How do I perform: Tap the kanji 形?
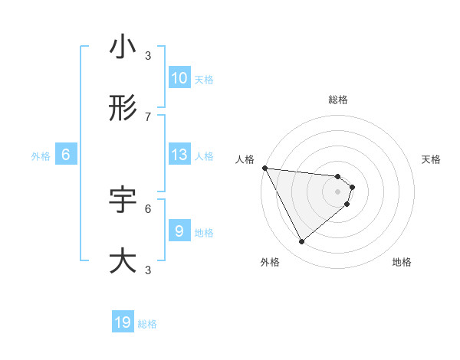click(123, 109)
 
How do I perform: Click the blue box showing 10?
click(179, 78)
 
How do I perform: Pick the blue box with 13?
click(179, 155)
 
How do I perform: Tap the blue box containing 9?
click(179, 231)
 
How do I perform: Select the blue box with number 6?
click(66, 155)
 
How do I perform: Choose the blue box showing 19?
click(123, 322)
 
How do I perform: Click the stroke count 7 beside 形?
click(148, 116)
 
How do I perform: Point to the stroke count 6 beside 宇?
click(148, 208)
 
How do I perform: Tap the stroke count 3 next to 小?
click(148, 55)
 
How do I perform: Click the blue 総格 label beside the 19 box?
click(147, 324)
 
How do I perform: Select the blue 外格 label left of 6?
click(41, 156)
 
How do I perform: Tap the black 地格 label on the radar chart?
click(402, 262)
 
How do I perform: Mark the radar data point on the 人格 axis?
click(264, 168)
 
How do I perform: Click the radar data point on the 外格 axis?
click(301, 242)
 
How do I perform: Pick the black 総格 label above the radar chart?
click(338, 100)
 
